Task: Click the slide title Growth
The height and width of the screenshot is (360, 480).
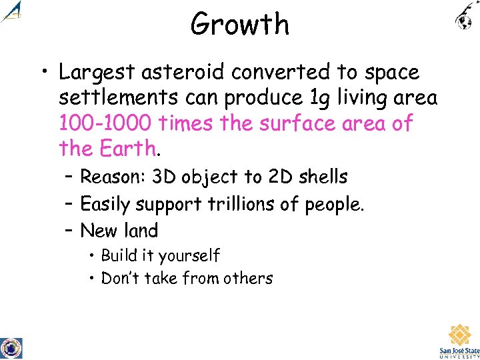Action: pos(240,25)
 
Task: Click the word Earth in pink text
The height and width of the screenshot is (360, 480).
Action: pos(126,148)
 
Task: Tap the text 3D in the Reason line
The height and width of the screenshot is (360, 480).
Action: pos(163,177)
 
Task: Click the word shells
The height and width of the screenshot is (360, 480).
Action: pos(323,177)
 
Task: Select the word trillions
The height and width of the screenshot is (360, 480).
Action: pos(233,204)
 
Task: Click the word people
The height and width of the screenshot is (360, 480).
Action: pos(334,205)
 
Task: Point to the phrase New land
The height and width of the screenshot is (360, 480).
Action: pos(119,231)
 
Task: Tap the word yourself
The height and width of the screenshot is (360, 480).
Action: pos(189,256)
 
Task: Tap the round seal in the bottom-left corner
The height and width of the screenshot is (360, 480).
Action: pos(11,348)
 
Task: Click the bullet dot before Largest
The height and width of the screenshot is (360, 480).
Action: pos(43,73)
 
